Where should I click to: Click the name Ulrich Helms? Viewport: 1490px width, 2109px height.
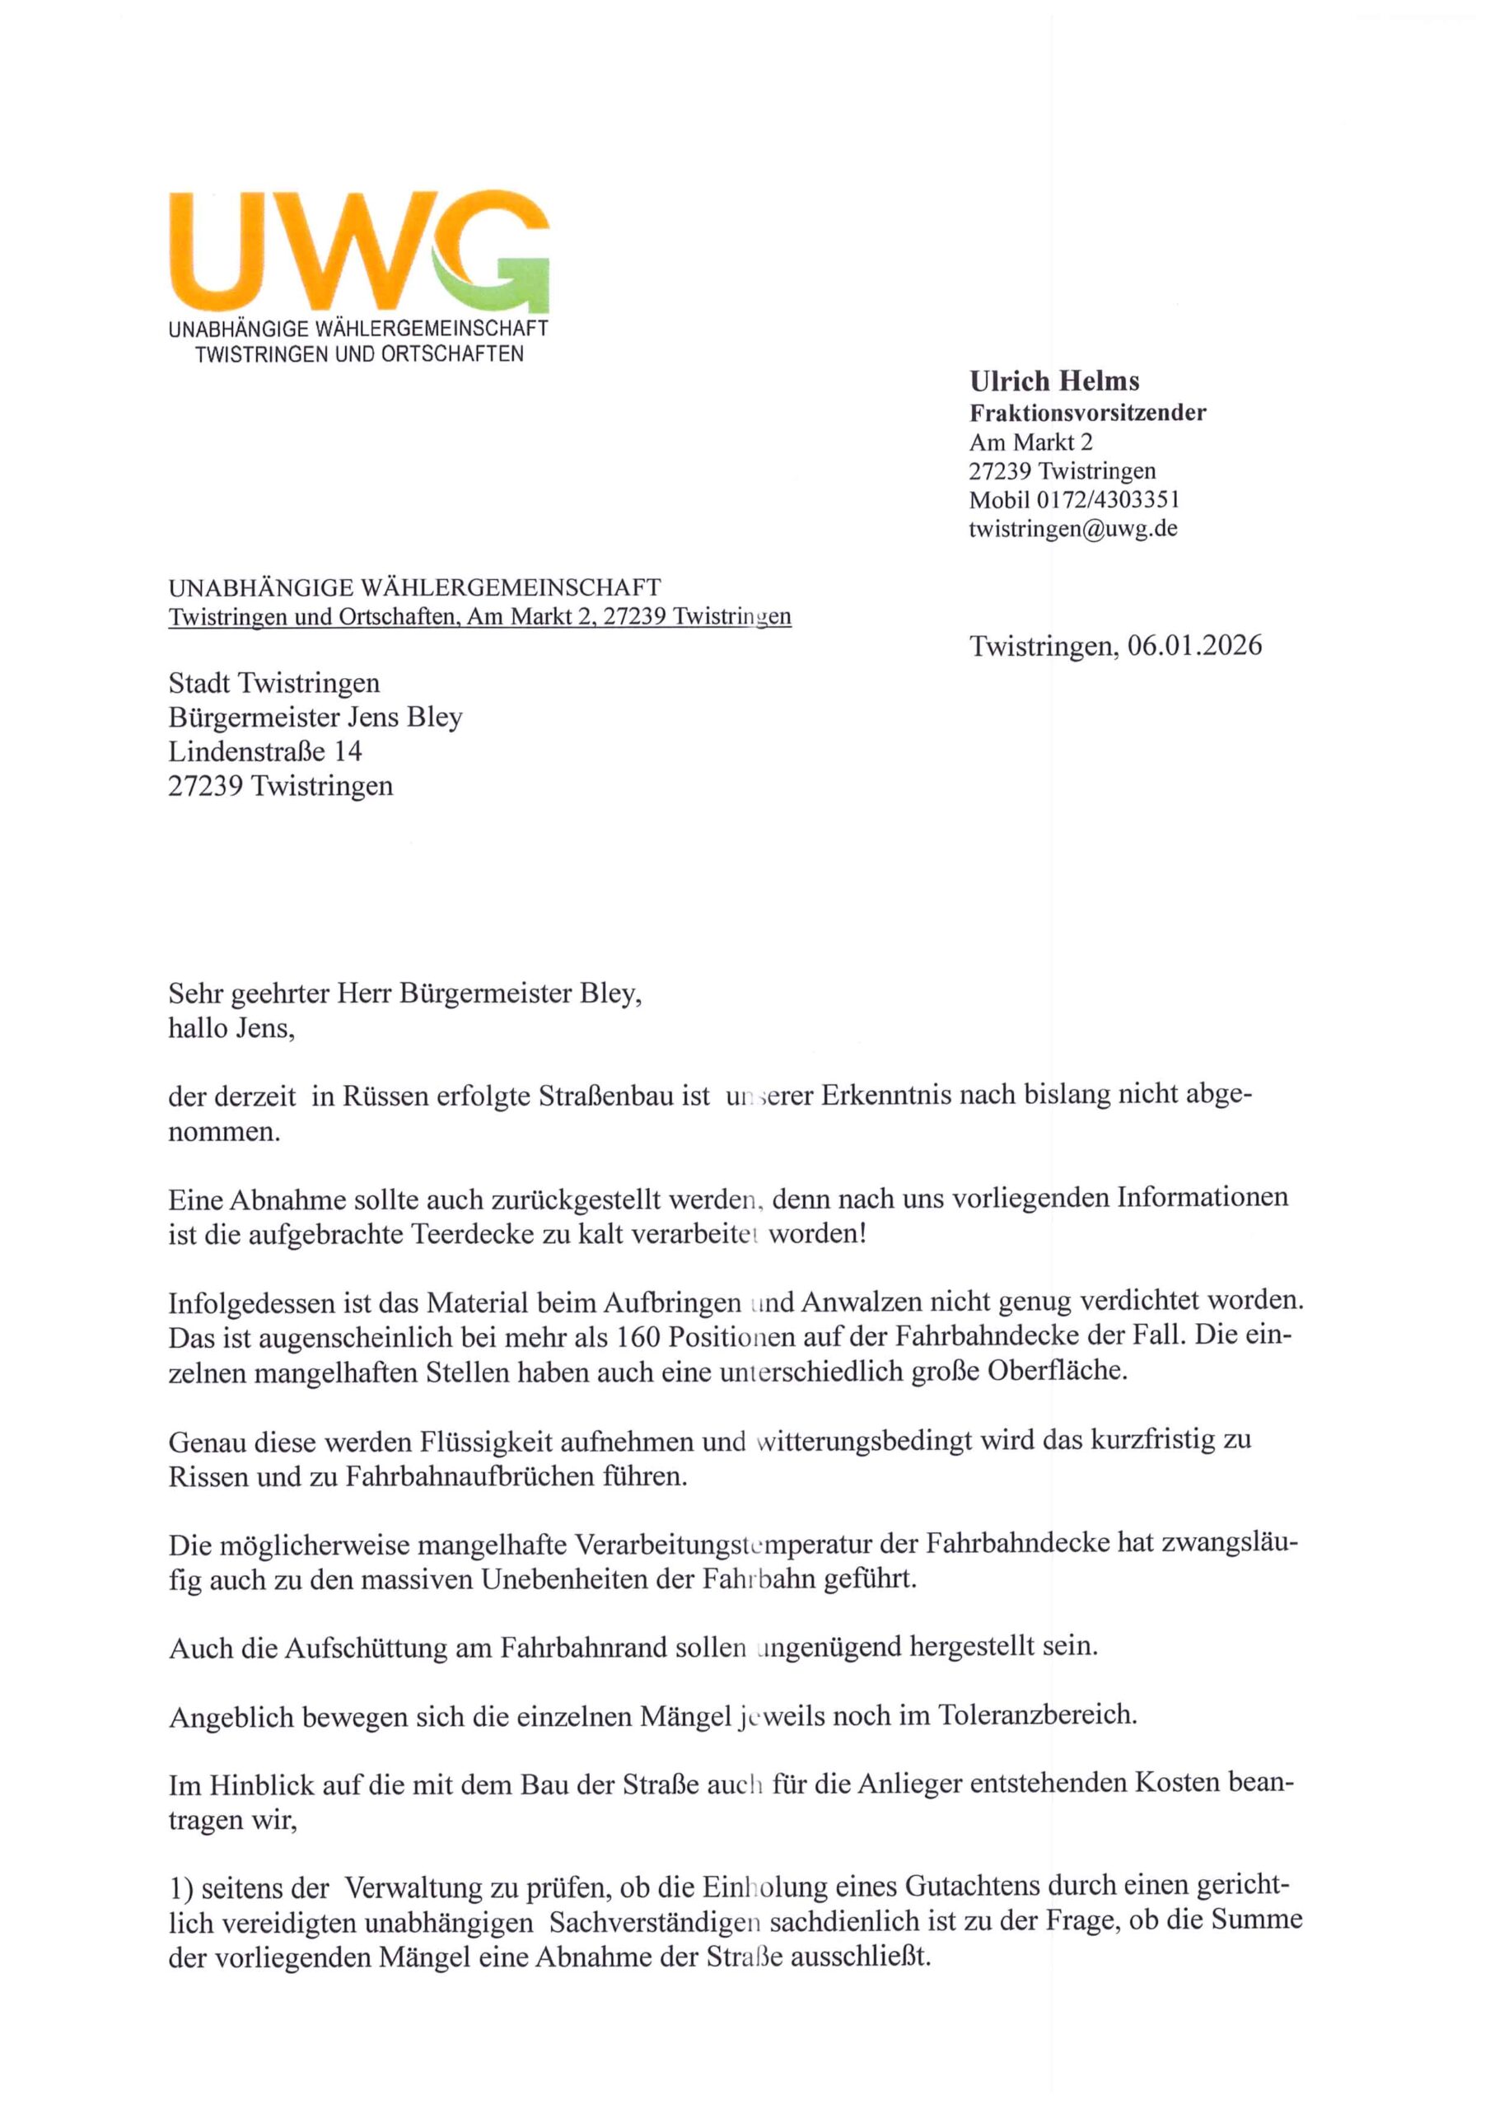point(1053,381)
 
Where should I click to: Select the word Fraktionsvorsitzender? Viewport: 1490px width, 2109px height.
point(1088,413)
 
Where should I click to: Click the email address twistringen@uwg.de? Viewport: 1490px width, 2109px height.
point(1073,529)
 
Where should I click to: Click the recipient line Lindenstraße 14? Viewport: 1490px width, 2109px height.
point(265,751)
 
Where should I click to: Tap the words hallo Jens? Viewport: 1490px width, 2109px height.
point(231,1028)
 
